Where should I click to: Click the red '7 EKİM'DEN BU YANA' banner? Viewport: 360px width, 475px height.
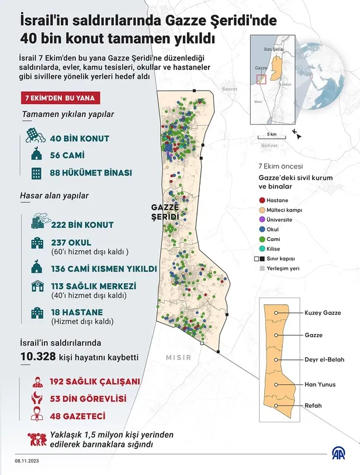[x=60, y=98]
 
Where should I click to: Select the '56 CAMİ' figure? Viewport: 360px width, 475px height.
[x=67, y=156]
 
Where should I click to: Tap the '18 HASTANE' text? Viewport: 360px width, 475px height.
[x=77, y=312]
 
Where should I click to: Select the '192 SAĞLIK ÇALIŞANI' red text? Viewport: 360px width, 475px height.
[x=95, y=381]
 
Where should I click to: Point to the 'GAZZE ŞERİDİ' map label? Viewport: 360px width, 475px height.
[x=164, y=212]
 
